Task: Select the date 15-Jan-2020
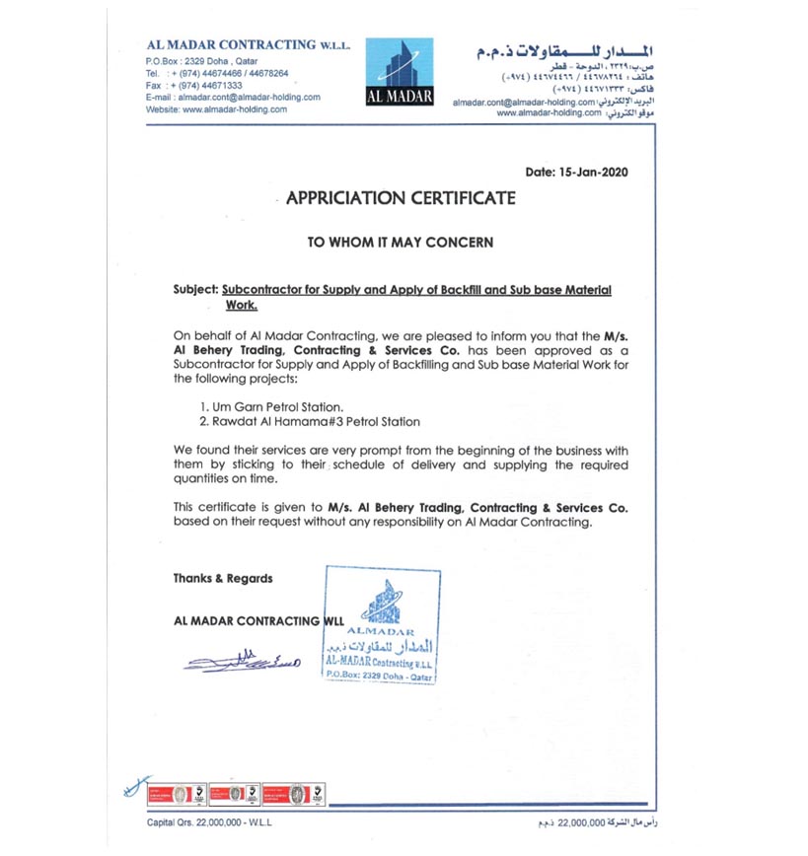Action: point(577,171)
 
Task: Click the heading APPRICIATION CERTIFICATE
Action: point(401,198)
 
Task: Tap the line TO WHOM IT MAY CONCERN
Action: point(400,242)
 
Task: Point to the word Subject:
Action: point(195,290)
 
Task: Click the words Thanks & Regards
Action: point(223,579)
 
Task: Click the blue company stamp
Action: point(382,626)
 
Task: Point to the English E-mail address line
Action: point(232,97)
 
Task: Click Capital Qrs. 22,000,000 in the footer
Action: point(209,820)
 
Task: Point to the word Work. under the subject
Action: point(243,306)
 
